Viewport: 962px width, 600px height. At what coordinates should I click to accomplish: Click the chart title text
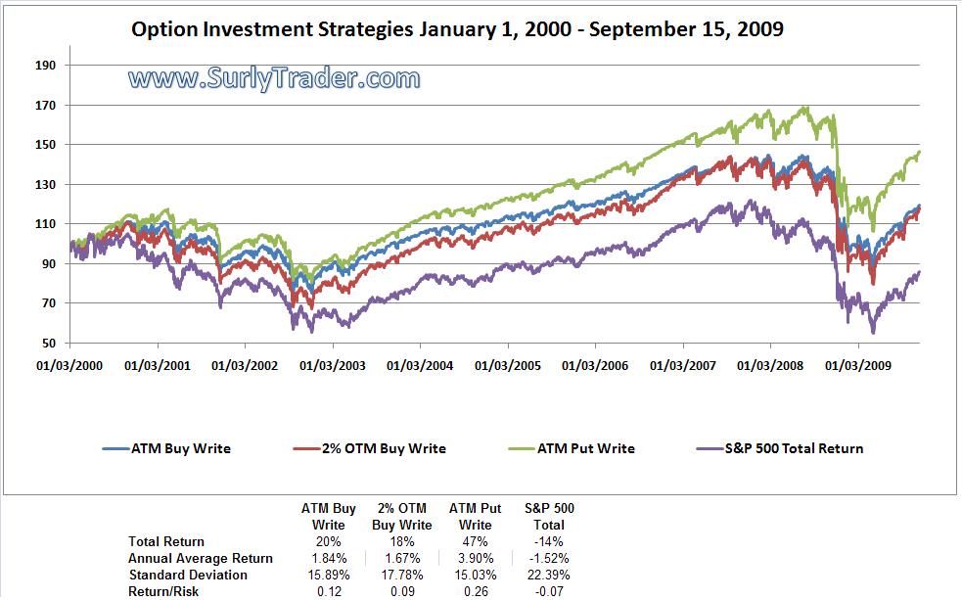(457, 29)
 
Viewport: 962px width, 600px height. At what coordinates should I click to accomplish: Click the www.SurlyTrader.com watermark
(274, 78)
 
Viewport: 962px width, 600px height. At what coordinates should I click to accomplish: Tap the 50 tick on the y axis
(51, 344)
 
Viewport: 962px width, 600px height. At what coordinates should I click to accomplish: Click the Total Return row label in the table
(166, 541)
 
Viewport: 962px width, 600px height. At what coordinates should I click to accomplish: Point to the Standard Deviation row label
(188, 575)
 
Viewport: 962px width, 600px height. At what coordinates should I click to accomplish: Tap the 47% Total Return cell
(475, 541)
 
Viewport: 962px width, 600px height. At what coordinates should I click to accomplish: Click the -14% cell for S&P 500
(549, 541)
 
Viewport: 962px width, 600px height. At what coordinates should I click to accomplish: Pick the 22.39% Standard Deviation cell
(549, 575)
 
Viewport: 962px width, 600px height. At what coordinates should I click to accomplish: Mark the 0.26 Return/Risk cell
(475, 591)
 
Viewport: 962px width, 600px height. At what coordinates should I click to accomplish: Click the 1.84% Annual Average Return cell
(328, 558)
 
